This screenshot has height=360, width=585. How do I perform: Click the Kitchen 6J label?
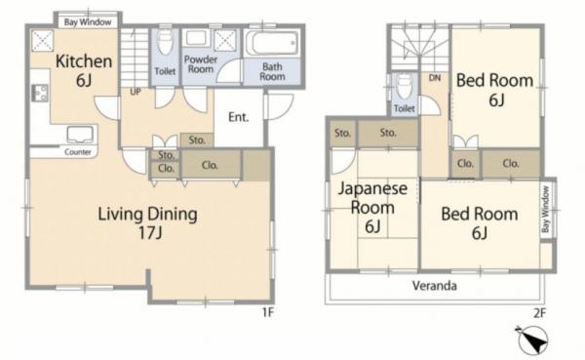[84, 70]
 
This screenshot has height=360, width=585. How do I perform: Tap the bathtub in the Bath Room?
[272, 43]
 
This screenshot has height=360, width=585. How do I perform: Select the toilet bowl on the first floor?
[165, 42]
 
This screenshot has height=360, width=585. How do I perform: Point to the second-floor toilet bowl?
[405, 88]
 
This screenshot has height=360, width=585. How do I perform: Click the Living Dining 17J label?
[148, 223]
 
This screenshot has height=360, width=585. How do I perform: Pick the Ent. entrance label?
[239, 117]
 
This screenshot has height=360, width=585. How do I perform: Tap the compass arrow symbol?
[532, 340]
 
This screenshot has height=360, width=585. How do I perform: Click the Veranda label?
[434, 286]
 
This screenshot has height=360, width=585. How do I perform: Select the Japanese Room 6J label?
[372, 207]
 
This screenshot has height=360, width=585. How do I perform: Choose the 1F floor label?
[267, 312]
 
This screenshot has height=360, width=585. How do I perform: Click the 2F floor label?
[539, 312]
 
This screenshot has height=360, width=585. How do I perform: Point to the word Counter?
[78, 152]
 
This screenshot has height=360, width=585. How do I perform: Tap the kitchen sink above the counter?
[80, 135]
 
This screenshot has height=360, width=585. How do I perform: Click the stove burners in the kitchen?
[40, 93]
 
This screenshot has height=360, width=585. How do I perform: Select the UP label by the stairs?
[136, 92]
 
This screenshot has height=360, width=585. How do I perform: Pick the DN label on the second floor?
[435, 78]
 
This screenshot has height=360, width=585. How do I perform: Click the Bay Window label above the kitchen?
[88, 22]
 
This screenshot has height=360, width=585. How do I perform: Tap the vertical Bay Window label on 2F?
[546, 210]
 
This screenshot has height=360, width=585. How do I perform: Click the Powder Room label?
[201, 64]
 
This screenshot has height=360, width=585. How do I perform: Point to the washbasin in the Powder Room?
[197, 39]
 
